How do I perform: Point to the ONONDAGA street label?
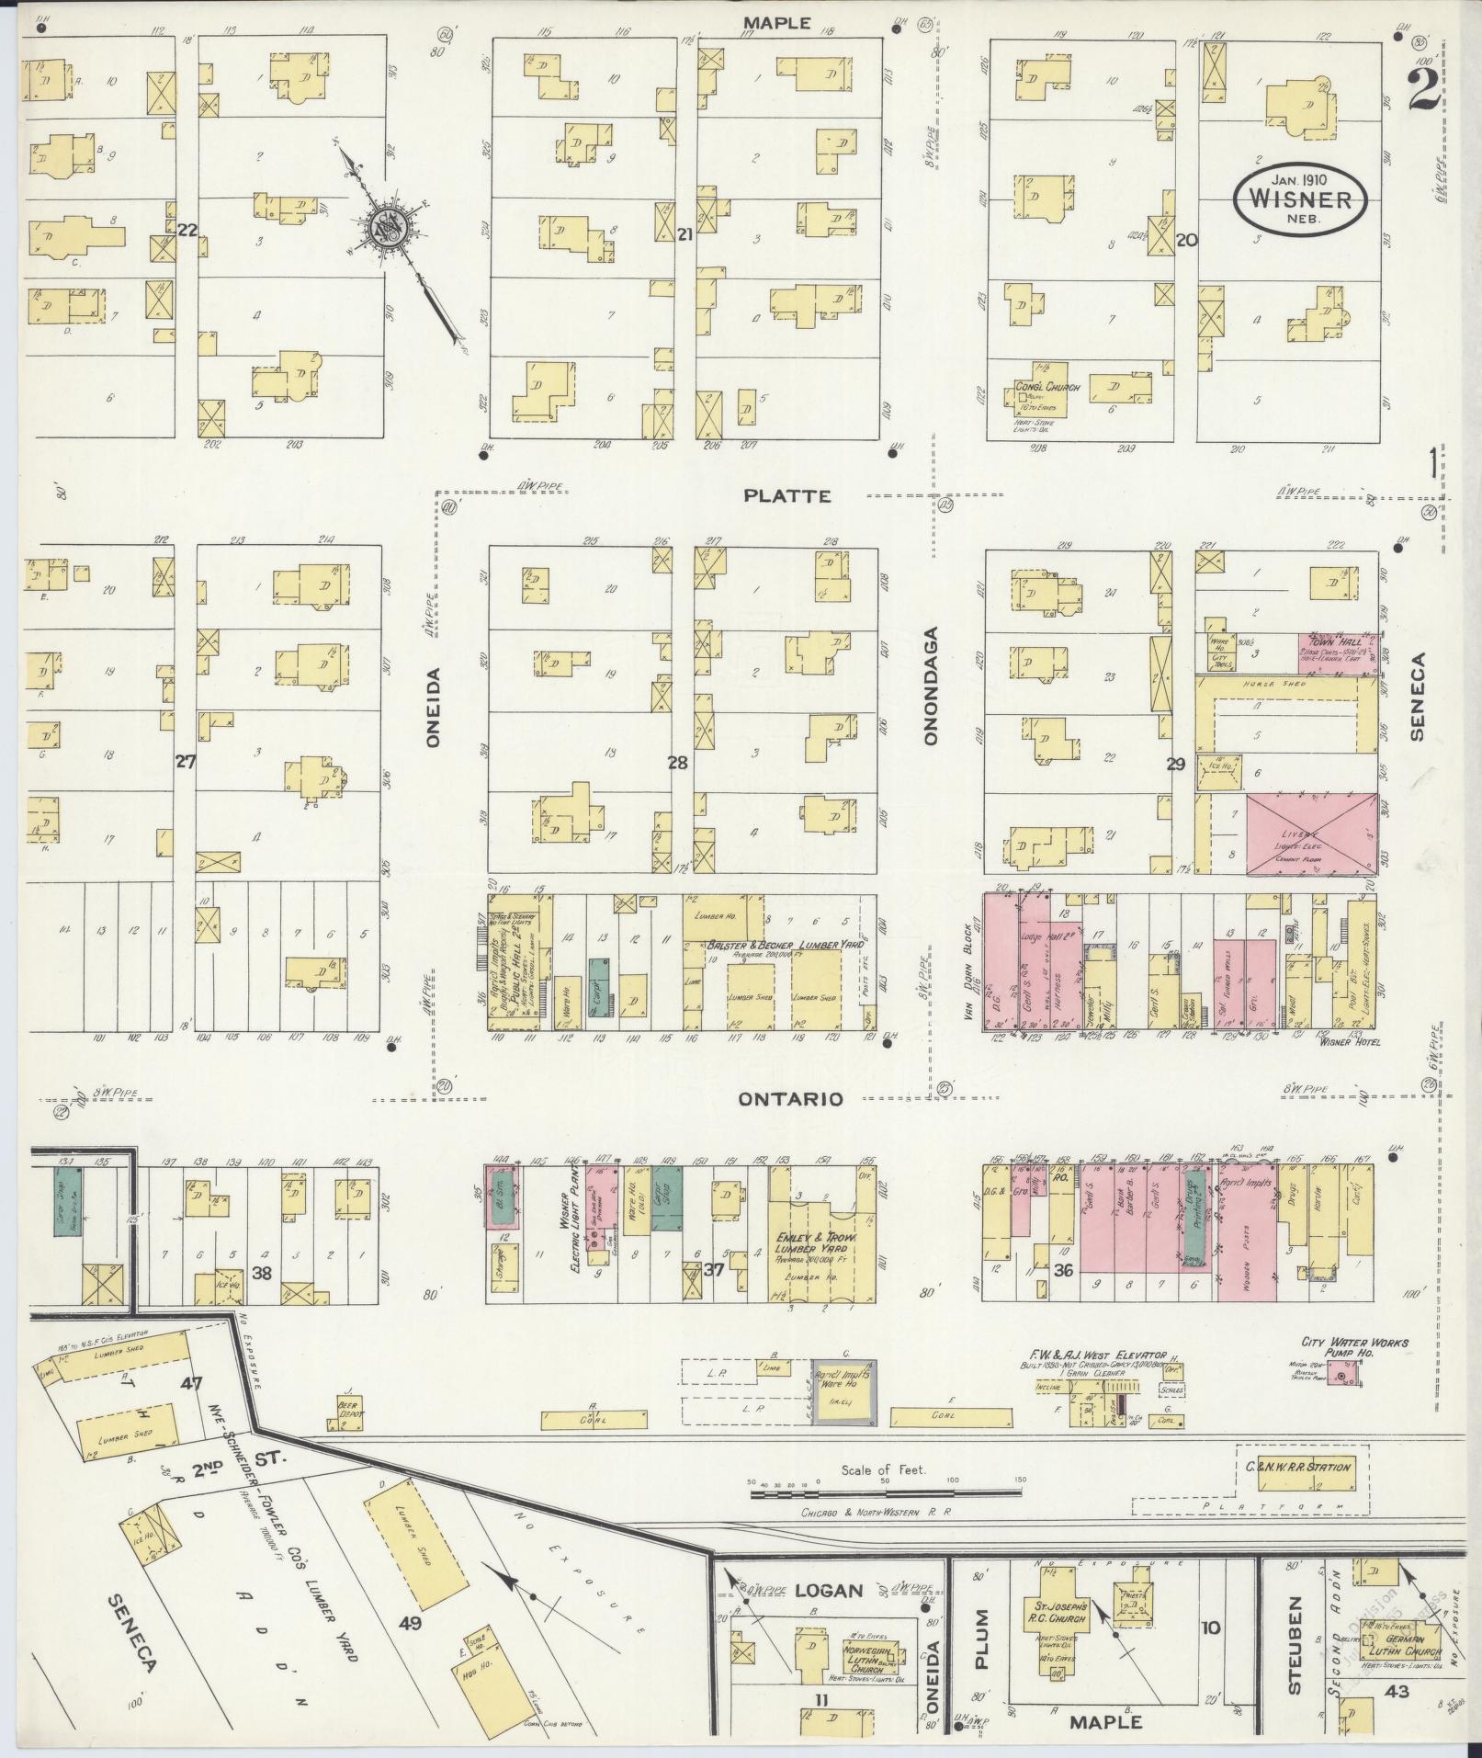click(x=930, y=685)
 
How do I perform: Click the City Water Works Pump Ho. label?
click(x=1354, y=1349)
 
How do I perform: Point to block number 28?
click(x=678, y=763)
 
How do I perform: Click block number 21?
click(x=684, y=235)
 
